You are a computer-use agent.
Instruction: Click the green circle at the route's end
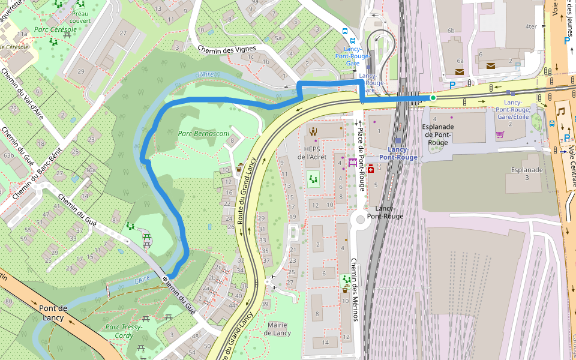tap(433, 97)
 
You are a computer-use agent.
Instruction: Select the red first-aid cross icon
tap(371, 170)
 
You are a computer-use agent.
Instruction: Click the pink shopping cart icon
tap(499, 134)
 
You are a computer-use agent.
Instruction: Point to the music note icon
tap(561, 111)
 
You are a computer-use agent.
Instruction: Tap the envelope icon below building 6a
tap(460, 72)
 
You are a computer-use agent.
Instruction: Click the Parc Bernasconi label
tap(203, 133)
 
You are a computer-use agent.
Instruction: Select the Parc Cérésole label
tap(55, 29)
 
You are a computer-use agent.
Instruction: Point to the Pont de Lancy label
tap(53, 313)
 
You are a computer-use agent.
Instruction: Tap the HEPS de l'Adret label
tap(313, 152)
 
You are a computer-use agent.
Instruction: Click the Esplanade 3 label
tap(526, 174)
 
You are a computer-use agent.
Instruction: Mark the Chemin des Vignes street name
tap(227, 49)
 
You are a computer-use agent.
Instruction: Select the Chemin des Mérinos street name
tap(355, 289)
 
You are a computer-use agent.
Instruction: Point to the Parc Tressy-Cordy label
tap(124, 331)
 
